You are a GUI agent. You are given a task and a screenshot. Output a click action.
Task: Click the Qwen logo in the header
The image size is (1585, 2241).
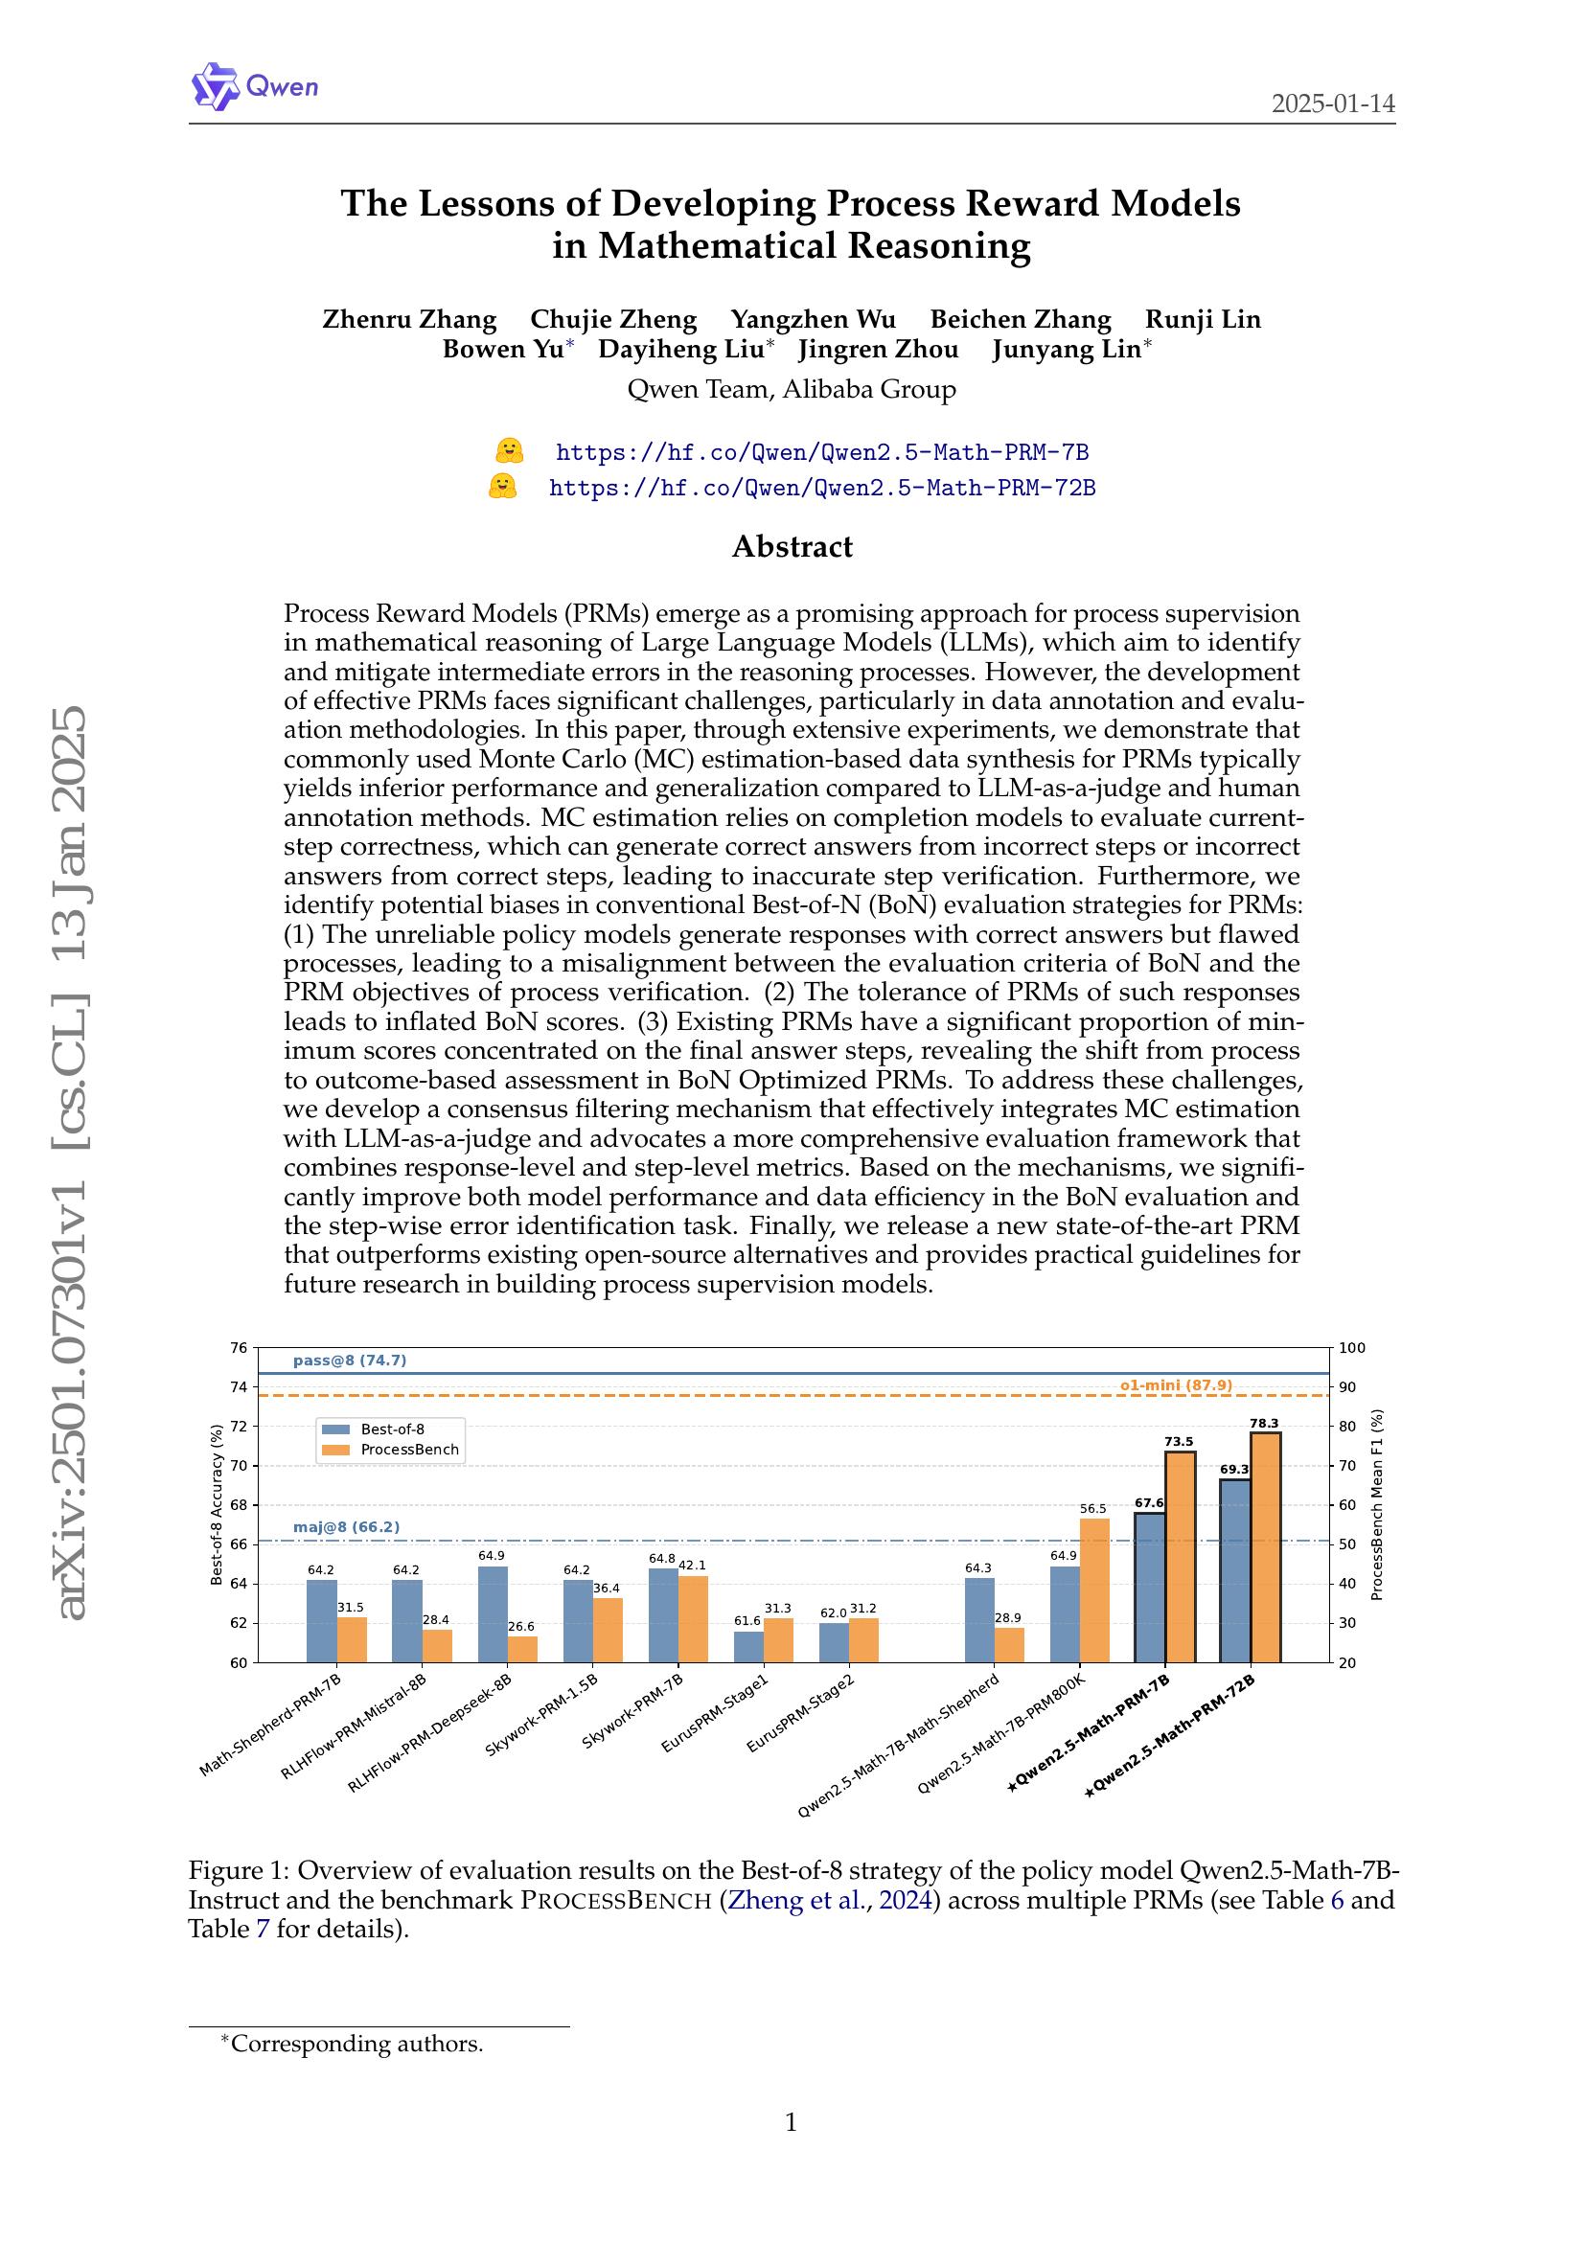255,86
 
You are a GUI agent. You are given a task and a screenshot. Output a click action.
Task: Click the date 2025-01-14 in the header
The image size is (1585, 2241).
1332,103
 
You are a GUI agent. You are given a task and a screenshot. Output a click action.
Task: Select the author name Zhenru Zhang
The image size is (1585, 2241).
409,319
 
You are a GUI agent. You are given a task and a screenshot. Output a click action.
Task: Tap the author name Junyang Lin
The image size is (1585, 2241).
1066,350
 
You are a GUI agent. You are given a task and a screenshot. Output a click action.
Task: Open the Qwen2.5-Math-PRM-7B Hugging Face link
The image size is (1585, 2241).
821,452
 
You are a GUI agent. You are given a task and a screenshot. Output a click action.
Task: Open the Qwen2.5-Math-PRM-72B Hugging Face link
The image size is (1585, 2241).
821,487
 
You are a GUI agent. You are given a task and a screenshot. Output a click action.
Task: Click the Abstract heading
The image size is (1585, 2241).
792,545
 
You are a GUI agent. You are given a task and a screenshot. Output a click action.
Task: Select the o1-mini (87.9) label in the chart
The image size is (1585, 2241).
1176,1384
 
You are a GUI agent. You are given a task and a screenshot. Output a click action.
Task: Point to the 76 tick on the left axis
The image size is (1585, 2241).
239,1348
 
